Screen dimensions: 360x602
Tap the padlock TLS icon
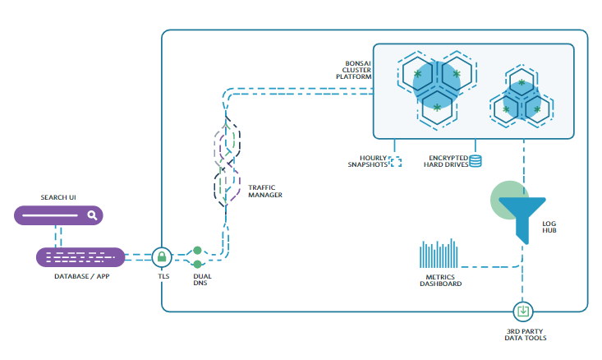click(163, 257)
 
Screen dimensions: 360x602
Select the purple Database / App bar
click(80, 257)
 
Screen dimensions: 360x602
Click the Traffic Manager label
click(265, 192)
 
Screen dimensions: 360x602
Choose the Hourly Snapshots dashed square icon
click(395, 162)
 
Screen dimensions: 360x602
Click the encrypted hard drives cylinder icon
click(476, 161)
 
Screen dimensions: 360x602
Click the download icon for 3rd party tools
click(523, 312)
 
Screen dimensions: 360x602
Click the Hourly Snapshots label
click(367, 161)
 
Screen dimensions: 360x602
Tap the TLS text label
click(163, 277)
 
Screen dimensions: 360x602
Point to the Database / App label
click(80, 277)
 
